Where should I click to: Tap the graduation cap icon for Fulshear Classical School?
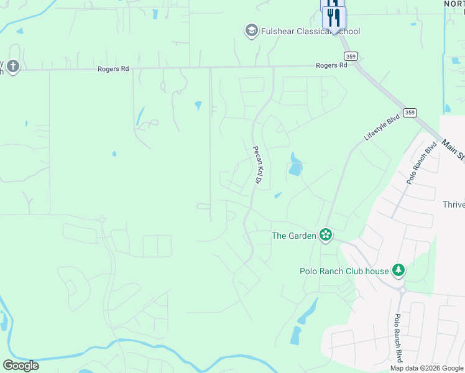(251, 30)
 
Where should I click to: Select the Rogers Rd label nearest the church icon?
(113, 69)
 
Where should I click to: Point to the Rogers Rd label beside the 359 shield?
(331, 65)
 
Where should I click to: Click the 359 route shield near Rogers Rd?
(352, 55)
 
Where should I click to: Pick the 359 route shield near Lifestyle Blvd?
(409, 112)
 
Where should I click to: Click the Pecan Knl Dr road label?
(256, 165)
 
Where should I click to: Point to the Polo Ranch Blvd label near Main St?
(422, 163)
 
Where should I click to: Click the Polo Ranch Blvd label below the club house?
(398, 337)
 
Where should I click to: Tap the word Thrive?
(453, 205)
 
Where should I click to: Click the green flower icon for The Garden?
(325, 234)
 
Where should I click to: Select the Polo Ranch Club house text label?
(344, 270)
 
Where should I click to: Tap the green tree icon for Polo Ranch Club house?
(398, 270)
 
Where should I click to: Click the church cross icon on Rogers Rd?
(13, 66)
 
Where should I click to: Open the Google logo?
(21, 366)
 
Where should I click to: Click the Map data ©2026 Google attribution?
(427, 368)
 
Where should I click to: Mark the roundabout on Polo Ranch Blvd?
(403, 290)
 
